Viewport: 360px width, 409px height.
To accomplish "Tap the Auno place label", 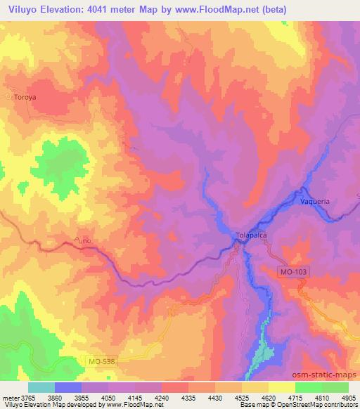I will click(82, 241).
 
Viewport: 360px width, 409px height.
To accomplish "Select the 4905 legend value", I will click(348, 397).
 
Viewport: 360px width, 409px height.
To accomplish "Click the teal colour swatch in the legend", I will click(41, 387).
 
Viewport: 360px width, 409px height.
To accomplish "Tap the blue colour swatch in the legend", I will click(67, 387).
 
